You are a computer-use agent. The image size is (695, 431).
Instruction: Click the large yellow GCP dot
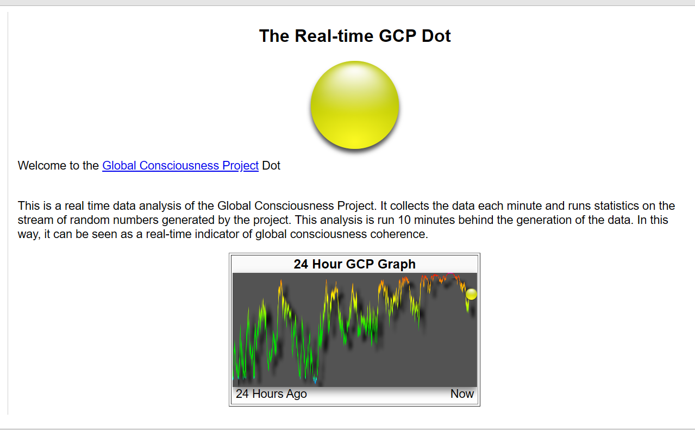click(x=355, y=105)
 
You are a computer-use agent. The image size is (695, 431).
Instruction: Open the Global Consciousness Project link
click(x=180, y=166)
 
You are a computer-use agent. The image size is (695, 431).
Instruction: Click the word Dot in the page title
click(x=436, y=36)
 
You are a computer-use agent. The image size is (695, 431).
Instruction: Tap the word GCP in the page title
click(x=397, y=36)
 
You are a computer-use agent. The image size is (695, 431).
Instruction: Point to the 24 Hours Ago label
click(x=271, y=393)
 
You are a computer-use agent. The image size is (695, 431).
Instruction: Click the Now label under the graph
click(x=462, y=393)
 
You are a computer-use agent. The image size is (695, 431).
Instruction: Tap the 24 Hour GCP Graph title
click(x=355, y=264)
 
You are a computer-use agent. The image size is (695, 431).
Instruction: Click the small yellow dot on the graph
click(x=471, y=294)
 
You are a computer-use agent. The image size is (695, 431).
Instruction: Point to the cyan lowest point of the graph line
click(x=315, y=380)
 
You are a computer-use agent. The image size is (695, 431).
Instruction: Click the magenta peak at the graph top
click(x=450, y=274)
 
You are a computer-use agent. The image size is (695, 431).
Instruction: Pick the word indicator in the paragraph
click(x=217, y=234)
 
